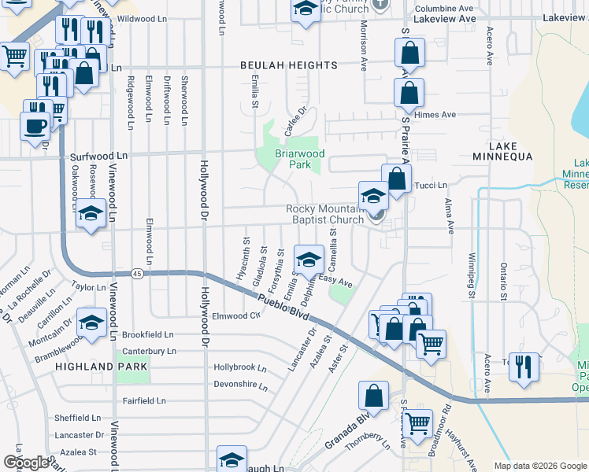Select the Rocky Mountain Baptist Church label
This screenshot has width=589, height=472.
pyautogui.click(x=324, y=214)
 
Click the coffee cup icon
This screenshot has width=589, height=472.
pyautogui.click(x=35, y=125)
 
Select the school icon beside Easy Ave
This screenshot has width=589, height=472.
pyautogui.click(x=309, y=258)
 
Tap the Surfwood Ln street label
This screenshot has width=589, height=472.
pyautogui.click(x=98, y=157)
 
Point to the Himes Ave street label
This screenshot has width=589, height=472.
pyautogui.click(x=439, y=115)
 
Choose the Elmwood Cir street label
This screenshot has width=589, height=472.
pyautogui.click(x=235, y=316)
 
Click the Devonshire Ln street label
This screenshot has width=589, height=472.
pyautogui.click(x=240, y=385)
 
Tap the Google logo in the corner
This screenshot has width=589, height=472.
pyautogui.click(x=26, y=463)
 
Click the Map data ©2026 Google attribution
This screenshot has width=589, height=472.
pyautogui.click(x=539, y=466)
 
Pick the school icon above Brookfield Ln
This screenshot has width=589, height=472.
pyautogui.click(x=91, y=322)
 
